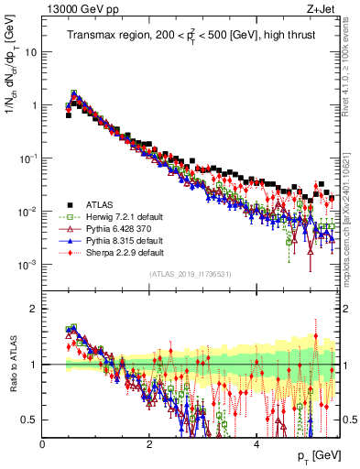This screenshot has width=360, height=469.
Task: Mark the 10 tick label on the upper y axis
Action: [x=29, y=51]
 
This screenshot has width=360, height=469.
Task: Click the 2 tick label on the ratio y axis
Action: [x=33, y=309]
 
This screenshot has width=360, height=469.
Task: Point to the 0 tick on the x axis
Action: [x=42, y=444]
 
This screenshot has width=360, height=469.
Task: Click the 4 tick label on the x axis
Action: [x=256, y=444]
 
